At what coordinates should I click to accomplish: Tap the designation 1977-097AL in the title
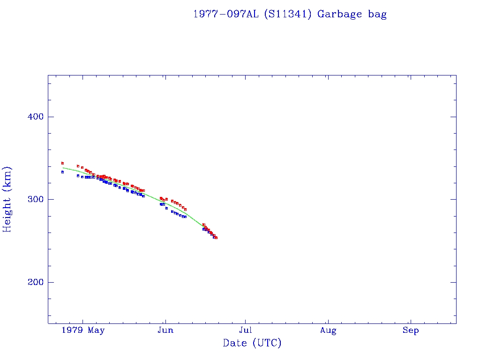[226, 14]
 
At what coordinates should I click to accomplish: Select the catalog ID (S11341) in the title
[288, 14]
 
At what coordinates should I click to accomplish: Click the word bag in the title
[377, 15]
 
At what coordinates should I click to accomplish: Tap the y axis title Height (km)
[7, 199]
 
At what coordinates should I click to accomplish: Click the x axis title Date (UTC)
[252, 344]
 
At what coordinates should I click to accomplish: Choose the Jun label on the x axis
[165, 330]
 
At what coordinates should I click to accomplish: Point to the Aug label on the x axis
[328, 330]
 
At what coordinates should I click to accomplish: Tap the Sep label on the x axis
[411, 330]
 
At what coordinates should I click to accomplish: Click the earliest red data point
[62, 163]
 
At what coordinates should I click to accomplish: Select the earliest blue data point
[62, 172]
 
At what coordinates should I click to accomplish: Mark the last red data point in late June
[216, 238]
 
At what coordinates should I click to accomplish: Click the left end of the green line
[63, 168]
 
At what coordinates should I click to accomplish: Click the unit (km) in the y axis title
[7, 178]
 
